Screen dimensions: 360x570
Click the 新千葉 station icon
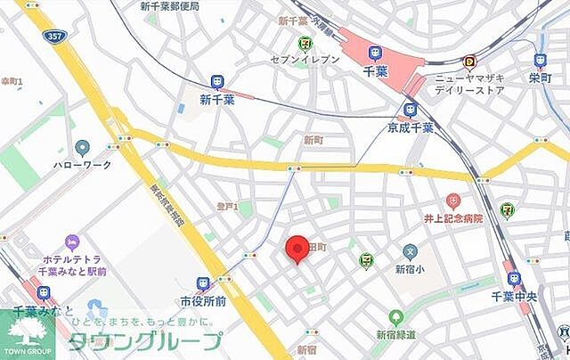pyautogui.click(x=217, y=82)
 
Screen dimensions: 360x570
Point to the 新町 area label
pyautogui.click(x=313, y=139)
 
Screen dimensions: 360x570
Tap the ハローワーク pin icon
pyautogui.click(x=83, y=147)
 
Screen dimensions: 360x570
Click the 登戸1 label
pyautogui.click(x=228, y=207)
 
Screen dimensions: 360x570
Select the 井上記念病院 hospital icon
pyautogui.click(x=453, y=201)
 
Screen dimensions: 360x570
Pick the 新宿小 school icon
pyautogui.click(x=410, y=252)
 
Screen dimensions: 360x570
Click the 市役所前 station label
pyautogui.click(x=203, y=301)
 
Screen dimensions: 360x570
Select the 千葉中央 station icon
pyautogui.click(x=514, y=278)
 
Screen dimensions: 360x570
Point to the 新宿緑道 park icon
pyautogui.click(x=396, y=317)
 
